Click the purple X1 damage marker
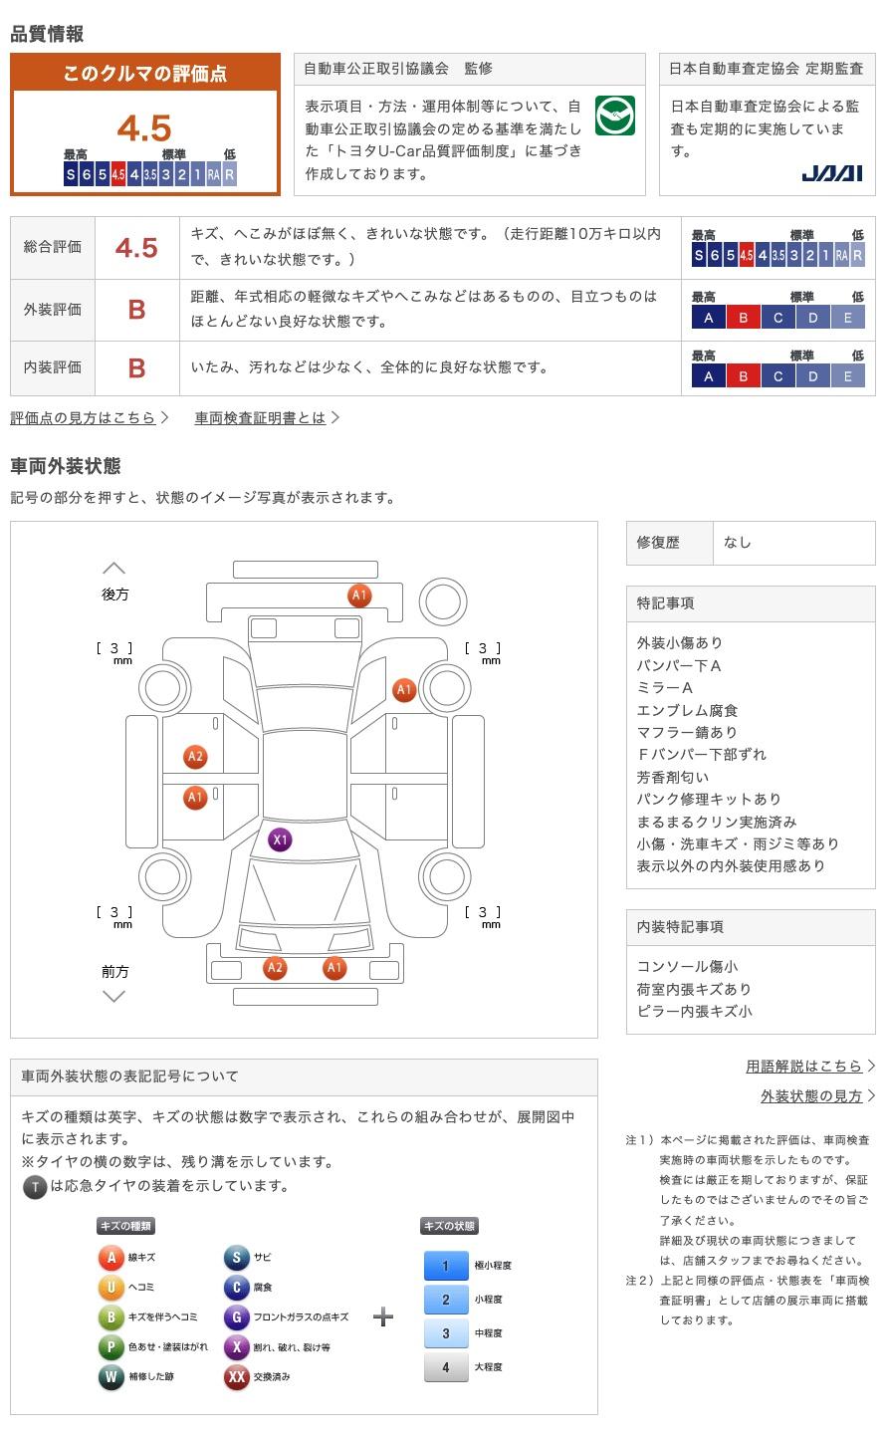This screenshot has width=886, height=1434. point(280,839)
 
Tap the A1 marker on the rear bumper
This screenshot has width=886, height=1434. point(359,596)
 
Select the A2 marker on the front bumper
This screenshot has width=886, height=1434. point(275,967)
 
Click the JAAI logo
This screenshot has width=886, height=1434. point(831,173)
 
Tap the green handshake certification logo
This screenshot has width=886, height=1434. point(614,117)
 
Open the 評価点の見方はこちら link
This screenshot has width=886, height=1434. point(84,418)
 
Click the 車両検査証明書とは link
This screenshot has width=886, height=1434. point(261,418)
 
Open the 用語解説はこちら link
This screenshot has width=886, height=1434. point(803,1067)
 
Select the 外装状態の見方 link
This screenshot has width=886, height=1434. point(811,1096)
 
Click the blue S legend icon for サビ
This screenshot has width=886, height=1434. point(236,1258)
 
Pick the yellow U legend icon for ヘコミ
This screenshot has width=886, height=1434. point(111,1288)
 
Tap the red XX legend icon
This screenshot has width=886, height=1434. point(236,1377)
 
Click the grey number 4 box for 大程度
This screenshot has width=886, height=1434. point(445,1367)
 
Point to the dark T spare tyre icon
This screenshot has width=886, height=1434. point(35,1187)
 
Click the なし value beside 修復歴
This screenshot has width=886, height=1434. point(738,543)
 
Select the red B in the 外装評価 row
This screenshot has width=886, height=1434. point(136,310)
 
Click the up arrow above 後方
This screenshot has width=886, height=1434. point(114,569)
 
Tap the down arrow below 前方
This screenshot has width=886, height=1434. point(114,996)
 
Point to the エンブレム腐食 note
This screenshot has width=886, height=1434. point(687,710)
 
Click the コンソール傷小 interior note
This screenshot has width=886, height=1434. point(687,967)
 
